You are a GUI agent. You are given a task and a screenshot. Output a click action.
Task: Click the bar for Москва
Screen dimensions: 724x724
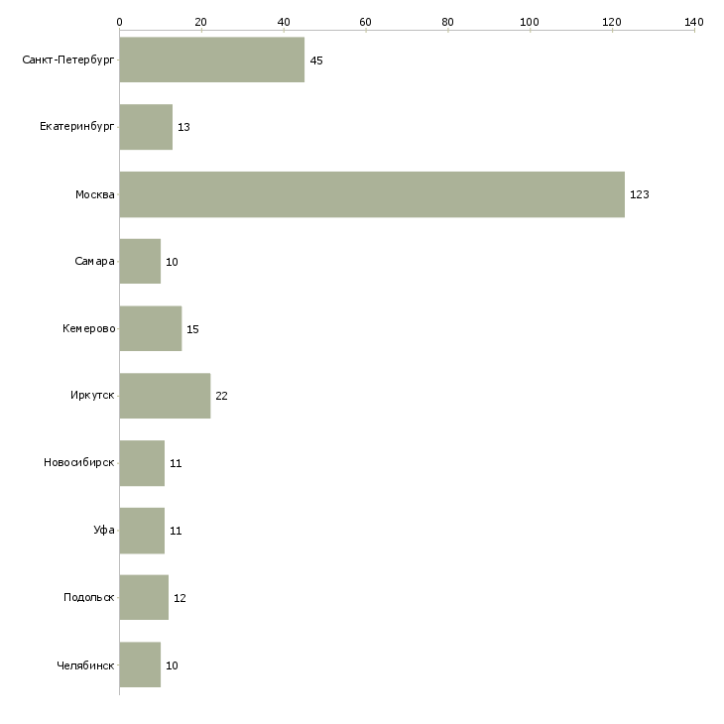click(372, 194)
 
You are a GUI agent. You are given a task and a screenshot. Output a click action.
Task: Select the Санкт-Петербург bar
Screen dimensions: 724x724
click(212, 60)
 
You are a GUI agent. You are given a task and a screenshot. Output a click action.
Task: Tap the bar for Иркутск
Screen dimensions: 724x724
click(165, 396)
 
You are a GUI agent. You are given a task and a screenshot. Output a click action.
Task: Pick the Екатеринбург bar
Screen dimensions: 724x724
click(146, 127)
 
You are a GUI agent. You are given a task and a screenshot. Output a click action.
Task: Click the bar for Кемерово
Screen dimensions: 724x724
click(151, 328)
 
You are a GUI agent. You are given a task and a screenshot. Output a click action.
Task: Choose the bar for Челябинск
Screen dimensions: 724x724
click(140, 664)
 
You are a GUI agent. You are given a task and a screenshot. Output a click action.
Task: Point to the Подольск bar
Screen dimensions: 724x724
click(144, 597)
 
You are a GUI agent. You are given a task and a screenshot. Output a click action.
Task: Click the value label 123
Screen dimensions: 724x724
click(640, 194)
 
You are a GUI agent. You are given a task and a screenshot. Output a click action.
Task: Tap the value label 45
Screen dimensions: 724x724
click(316, 60)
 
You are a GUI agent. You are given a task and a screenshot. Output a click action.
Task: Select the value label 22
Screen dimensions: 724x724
click(221, 396)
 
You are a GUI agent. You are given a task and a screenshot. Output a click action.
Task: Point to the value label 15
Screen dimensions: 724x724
click(192, 329)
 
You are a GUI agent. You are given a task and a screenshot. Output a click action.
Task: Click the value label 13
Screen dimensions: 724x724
click(183, 127)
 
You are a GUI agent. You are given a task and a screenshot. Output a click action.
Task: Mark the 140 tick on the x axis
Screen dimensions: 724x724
click(694, 30)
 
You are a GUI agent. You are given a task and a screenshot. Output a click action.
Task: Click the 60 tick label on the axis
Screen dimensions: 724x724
click(365, 22)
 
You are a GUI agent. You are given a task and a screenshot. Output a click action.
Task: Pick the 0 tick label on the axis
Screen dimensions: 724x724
click(120, 22)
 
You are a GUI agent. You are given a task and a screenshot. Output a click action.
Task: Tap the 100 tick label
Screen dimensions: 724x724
click(530, 22)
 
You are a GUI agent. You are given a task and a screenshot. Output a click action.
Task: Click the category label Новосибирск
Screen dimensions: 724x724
click(79, 462)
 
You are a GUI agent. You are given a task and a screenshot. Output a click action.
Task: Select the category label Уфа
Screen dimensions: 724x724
click(104, 530)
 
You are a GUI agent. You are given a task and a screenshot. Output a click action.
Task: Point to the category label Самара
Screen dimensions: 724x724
click(94, 262)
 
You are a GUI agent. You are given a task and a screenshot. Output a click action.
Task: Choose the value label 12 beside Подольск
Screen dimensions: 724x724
click(180, 598)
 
